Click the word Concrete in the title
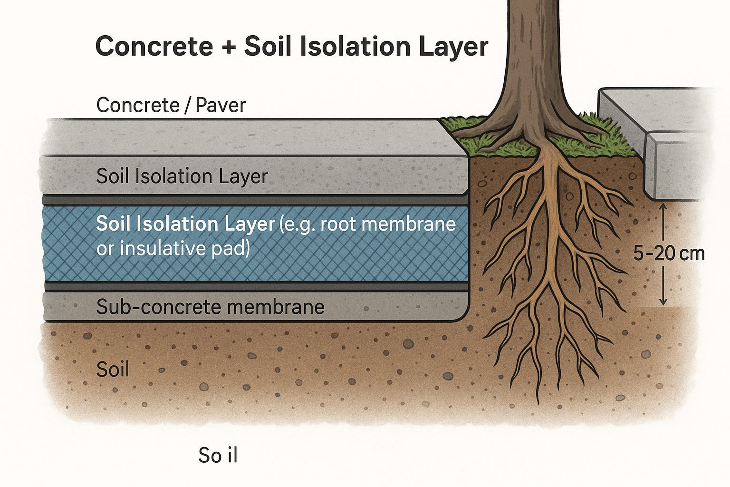pos(154,47)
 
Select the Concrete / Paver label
pos(171,105)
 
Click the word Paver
pos(220,105)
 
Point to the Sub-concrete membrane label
pos(210,307)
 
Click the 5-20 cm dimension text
pos(669,253)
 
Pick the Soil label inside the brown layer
pos(113,370)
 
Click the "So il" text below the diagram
pos(218,456)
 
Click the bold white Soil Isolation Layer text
pos(185,224)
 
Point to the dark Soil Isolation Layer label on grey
pos(182,176)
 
